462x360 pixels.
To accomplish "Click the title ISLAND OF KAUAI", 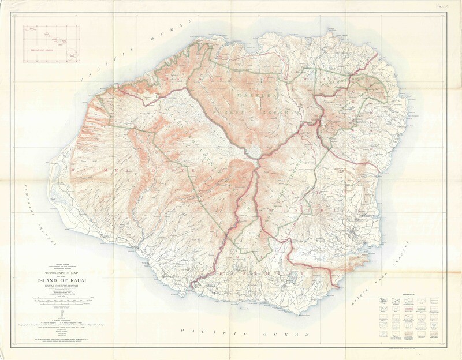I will coord(69,281).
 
